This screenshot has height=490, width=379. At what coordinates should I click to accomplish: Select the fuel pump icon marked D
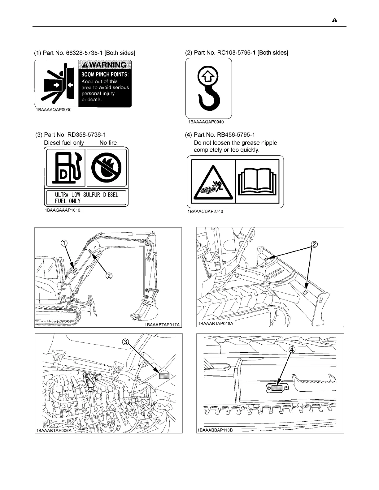(66, 168)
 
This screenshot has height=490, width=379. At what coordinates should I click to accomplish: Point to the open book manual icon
(257, 181)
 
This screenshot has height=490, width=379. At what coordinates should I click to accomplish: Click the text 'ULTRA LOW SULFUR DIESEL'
(87, 195)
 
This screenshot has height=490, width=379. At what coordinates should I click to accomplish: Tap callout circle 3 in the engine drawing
(125, 342)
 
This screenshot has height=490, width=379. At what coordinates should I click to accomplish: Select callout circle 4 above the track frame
(292, 349)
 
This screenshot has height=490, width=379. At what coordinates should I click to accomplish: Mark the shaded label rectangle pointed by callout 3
(164, 376)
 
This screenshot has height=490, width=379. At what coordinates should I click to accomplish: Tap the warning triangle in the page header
(335, 20)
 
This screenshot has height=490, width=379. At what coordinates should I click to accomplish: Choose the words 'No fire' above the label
(108, 143)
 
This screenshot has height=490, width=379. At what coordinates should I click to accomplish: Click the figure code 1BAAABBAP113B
(215, 430)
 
